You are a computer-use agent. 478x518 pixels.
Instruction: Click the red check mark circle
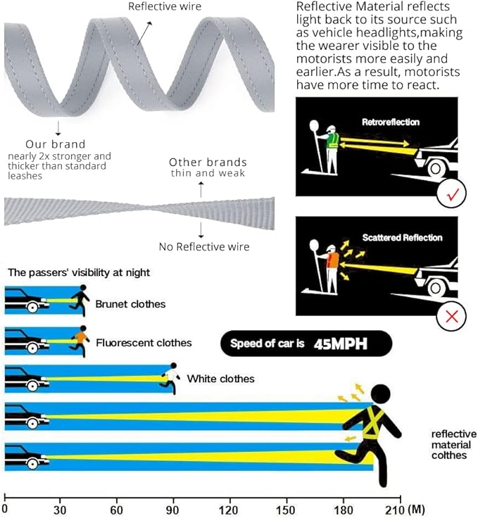(x=451, y=194)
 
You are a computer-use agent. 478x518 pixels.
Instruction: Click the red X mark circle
(x=451, y=316)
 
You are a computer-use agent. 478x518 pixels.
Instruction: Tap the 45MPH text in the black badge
(x=341, y=344)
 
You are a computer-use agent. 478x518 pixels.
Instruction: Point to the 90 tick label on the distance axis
(x=172, y=510)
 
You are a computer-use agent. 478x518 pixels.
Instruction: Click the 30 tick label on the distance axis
(x=59, y=510)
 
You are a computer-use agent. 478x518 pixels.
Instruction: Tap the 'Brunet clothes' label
(x=130, y=304)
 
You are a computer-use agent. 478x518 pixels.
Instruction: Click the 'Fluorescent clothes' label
(x=144, y=343)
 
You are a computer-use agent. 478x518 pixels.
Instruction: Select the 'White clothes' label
(x=220, y=379)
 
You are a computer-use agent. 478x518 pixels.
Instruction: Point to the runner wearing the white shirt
(x=171, y=378)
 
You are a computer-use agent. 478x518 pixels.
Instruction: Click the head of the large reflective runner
(x=381, y=394)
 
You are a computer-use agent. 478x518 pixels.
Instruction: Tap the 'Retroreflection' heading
(x=391, y=122)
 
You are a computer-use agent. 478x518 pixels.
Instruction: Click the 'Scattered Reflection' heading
(x=402, y=237)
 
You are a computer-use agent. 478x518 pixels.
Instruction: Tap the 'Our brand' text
(x=56, y=144)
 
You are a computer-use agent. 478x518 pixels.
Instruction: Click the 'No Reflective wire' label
(x=204, y=247)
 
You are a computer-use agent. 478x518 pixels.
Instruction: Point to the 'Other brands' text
(x=208, y=162)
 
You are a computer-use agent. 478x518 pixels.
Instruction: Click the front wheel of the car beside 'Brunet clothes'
(x=32, y=308)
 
